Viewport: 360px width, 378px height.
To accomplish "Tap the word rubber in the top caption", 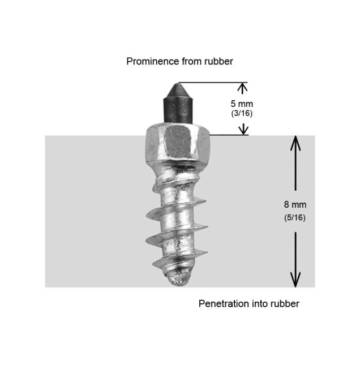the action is tap(218, 61).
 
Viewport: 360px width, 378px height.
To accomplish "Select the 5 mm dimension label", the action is tap(242, 104).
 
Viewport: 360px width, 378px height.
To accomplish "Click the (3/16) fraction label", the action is tap(242, 113).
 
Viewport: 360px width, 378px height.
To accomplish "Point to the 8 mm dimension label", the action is tap(295, 205).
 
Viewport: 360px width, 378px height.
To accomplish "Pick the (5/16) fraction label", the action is tap(295, 217).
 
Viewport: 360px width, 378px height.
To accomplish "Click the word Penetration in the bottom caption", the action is tap(224, 303).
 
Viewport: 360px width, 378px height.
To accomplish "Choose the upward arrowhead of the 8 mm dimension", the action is tap(295, 143).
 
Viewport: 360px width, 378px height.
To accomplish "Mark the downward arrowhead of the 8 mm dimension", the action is tap(295, 280).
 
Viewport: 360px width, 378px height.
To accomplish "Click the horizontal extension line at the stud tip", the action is tap(213, 83).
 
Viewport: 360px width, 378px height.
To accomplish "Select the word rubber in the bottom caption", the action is tap(285, 303).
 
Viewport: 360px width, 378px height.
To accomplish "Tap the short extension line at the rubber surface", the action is tap(229, 135).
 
